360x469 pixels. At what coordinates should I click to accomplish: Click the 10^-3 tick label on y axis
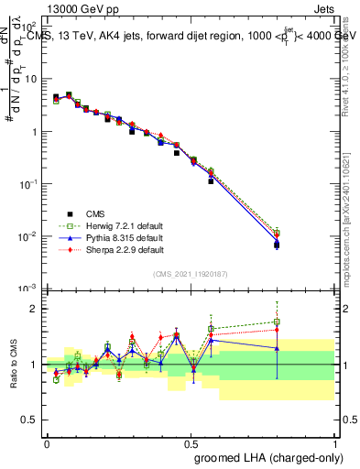[29, 289]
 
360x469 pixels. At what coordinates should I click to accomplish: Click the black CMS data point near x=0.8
[277, 245]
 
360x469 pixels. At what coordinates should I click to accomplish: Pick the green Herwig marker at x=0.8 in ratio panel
[277, 322]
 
